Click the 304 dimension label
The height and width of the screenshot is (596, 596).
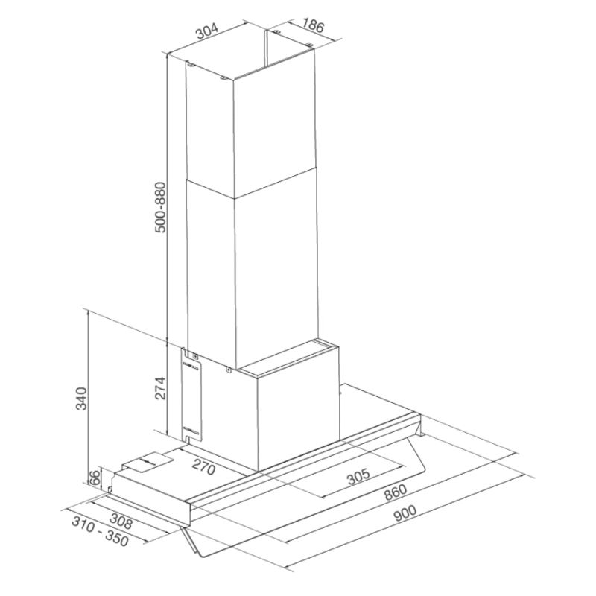tap(208, 31)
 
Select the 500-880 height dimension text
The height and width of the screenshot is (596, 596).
tap(161, 207)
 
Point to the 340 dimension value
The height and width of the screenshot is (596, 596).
tap(82, 399)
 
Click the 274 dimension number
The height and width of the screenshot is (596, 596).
tap(160, 388)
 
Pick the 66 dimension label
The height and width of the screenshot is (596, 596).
tap(95, 477)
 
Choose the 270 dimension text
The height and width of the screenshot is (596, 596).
tap(203, 467)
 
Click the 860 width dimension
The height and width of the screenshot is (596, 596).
tap(396, 492)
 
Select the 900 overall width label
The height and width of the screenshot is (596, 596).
tap(405, 514)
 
